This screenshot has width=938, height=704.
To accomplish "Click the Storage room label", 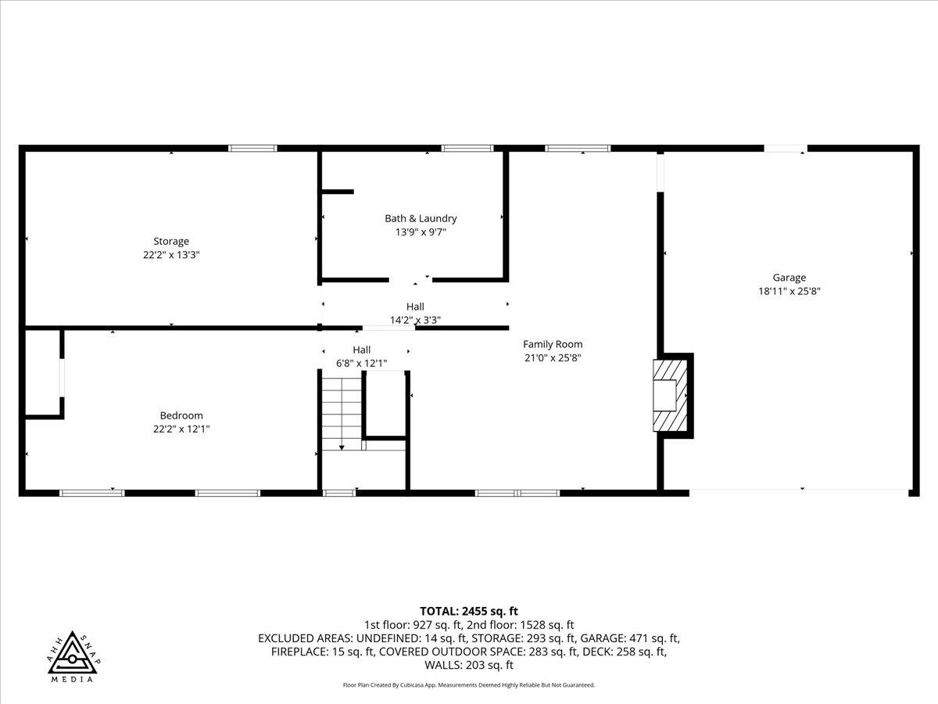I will (x=170, y=241).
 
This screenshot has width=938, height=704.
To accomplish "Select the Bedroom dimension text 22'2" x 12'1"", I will (x=181, y=429).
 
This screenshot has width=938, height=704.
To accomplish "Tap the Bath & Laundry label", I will (x=421, y=218).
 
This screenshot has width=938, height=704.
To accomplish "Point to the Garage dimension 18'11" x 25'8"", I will (x=789, y=290).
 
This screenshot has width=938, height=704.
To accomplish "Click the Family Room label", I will (x=553, y=344).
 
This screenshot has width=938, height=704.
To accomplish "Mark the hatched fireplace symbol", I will (x=671, y=394).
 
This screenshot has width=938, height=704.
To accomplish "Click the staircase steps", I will (x=342, y=410).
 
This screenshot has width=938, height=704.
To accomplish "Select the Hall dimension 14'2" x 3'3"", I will (x=415, y=319).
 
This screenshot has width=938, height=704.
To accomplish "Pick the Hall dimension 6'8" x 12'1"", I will (x=361, y=363).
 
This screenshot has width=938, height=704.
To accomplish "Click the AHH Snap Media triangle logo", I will (x=72, y=656).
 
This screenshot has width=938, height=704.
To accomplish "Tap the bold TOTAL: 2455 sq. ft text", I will (x=469, y=611).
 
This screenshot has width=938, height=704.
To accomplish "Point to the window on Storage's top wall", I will (x=252, y=148).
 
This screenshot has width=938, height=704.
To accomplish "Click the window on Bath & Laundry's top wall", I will (x=467, y=148).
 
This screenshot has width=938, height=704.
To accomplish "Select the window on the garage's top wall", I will (x=786, y=148).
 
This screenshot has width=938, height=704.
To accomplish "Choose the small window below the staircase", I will (x=339, y=493).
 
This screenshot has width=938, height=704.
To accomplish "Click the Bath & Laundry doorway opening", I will (x=410, y=279).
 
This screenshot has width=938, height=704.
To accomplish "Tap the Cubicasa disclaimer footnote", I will (x=469, y=684).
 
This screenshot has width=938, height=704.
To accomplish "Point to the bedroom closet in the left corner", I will (x=43, y=372).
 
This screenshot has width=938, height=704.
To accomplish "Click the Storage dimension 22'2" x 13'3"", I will (x=170, y=254).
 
